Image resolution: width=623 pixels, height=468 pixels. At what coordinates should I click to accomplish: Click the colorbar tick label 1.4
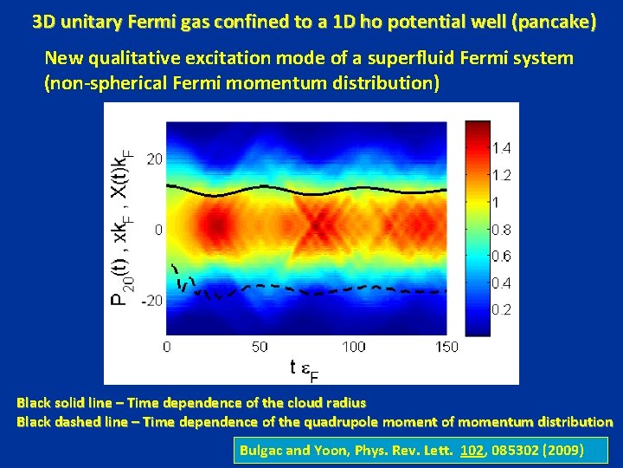coord(502,148)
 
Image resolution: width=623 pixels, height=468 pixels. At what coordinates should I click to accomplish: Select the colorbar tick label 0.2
coord(502,309)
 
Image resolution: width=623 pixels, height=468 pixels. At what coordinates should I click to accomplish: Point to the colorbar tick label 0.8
coord(502,230)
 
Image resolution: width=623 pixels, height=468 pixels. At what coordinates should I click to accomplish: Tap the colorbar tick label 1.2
coord(502,175)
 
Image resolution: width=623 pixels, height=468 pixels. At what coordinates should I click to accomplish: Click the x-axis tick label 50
coord(260,347)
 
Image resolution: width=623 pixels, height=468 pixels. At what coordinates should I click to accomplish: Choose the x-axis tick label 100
coord(353,347)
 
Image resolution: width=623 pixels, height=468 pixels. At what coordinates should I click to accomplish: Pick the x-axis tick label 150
coord(446,347)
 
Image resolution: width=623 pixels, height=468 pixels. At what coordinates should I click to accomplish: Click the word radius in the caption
coord(342,402)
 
